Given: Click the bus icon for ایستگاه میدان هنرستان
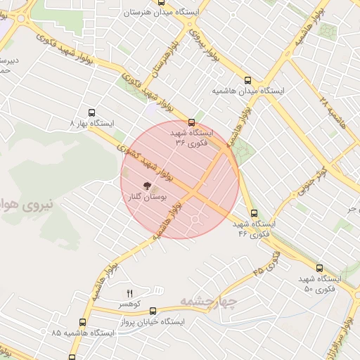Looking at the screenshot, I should coord(161,3).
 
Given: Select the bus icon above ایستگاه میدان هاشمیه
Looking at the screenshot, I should coord(247,80).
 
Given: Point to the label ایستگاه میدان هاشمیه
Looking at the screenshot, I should coord(247,91).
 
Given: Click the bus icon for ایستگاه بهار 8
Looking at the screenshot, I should coord(91,112).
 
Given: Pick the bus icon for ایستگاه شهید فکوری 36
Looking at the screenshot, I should coord(192,122).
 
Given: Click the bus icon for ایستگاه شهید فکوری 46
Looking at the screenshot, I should coord(254,213).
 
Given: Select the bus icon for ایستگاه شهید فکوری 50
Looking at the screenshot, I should coord(319,268).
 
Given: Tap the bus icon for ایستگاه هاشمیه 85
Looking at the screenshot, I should coord(82,322).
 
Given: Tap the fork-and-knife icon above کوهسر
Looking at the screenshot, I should coord(129,292).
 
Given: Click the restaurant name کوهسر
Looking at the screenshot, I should coord(131,304).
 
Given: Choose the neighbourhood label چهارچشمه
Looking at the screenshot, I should coord(205,302).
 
